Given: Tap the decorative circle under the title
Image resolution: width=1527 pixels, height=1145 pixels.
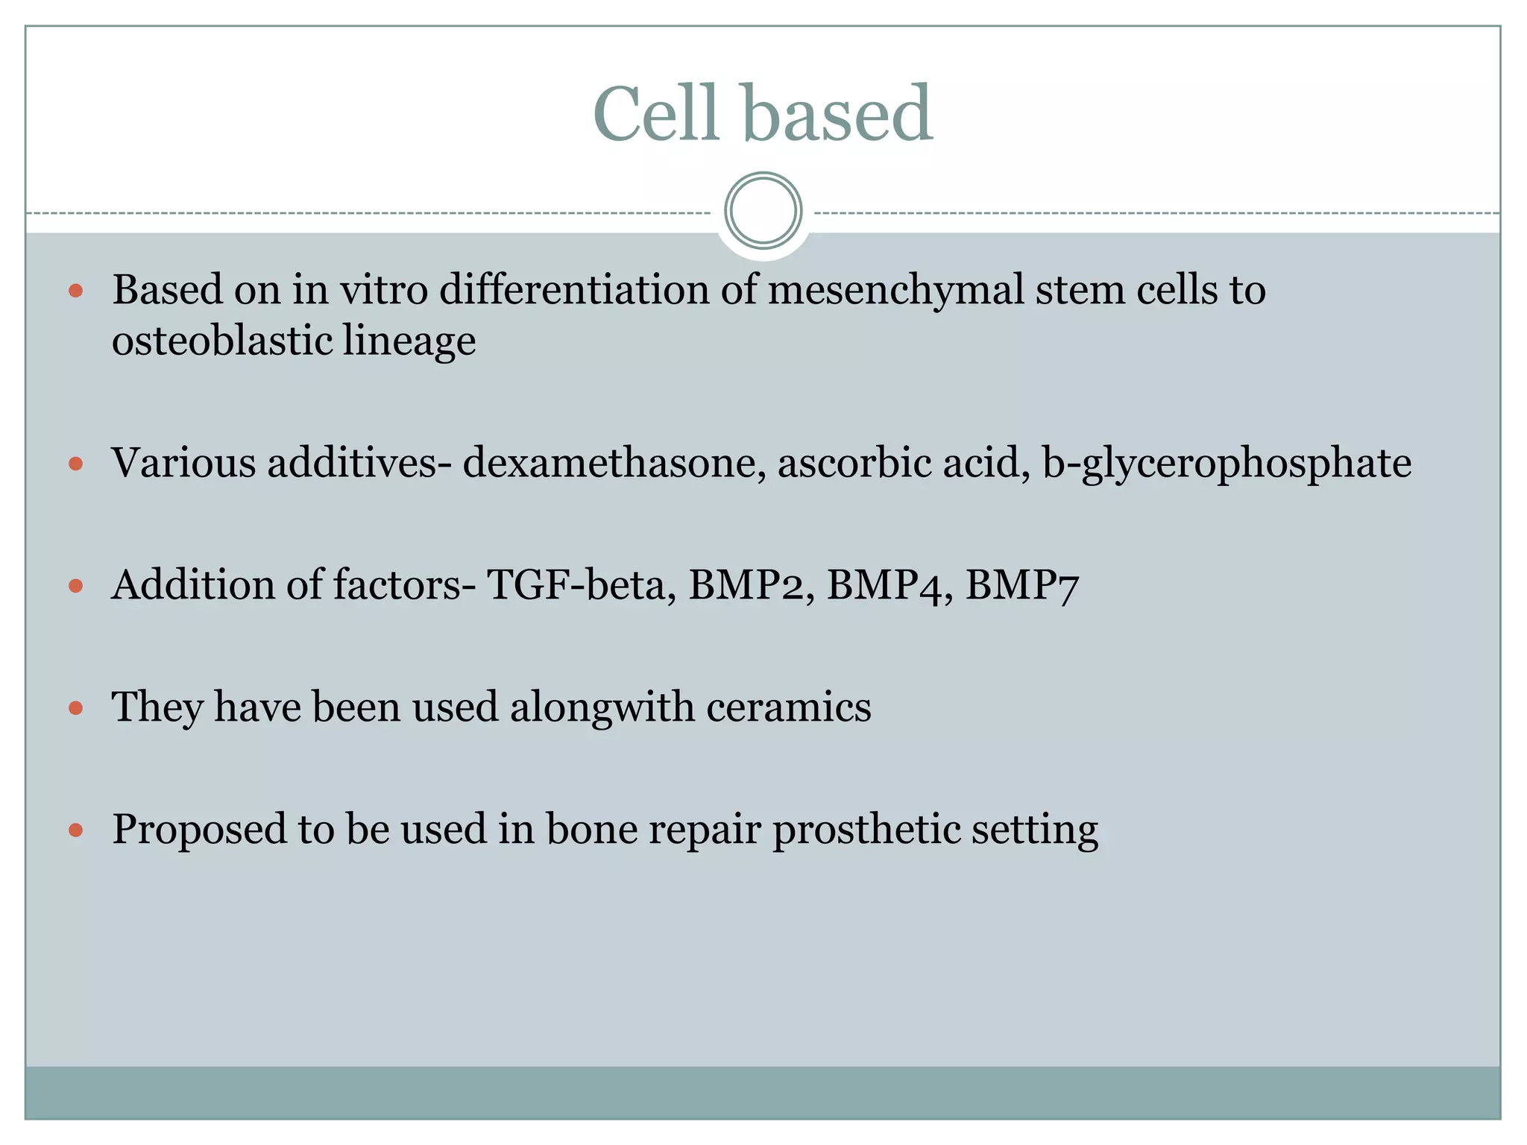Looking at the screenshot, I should [x=763, y=211].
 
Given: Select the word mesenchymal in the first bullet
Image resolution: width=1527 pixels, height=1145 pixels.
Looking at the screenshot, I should [x=895, y=290].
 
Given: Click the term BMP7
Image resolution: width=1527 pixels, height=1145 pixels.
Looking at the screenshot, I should [x=1022, y=585].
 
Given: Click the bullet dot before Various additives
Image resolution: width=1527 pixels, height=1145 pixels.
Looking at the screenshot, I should [x=75, y=464].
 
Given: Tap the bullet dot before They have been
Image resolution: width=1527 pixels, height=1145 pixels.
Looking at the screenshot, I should [x=75, y=707].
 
